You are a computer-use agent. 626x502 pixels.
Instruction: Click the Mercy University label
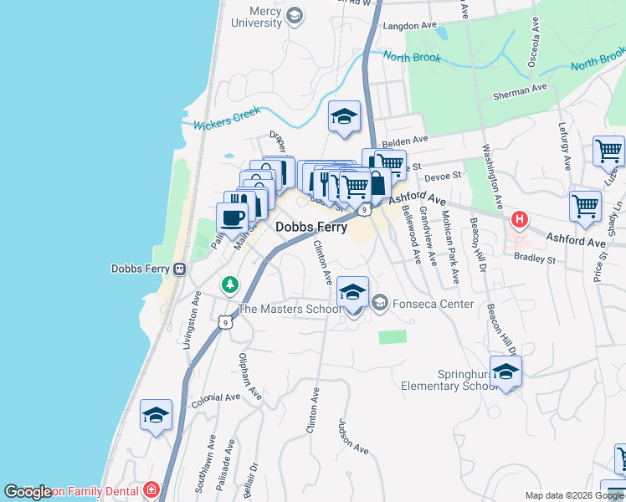tap(254, 17)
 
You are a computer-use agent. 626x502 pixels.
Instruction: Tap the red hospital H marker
tap(520, 220)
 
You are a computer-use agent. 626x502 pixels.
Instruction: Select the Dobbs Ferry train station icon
tap(179, 269)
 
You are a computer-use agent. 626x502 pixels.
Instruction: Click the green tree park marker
tap(229, 285)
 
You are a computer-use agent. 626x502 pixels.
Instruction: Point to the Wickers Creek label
tap(228, 118)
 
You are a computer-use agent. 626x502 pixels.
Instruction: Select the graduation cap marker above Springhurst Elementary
tap(505, 371)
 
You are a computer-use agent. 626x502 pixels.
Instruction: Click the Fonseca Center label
tap(434, 304)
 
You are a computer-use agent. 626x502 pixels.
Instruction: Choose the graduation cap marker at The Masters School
tap(353, 294)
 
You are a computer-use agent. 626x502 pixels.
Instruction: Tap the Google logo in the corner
tap(28, 492)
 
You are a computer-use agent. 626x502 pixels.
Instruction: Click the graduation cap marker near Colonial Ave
tap(156, 415)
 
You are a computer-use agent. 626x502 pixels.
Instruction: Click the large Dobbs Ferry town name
tap(311, 227)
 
